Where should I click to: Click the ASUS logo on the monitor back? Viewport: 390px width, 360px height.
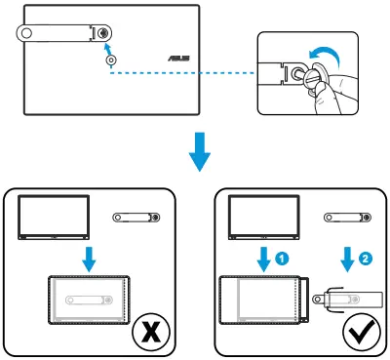click(178, 59)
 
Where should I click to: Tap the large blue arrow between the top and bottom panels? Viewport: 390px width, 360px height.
click(200, 151)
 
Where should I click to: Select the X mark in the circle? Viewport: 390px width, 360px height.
click(151, 332)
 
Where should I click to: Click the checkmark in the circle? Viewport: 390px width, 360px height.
click(362, 333)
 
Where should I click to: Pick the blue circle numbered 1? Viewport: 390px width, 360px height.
click(282, 259)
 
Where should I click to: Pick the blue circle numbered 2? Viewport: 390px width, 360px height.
click(366, 259)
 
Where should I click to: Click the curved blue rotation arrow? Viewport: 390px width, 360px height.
click(325, 57)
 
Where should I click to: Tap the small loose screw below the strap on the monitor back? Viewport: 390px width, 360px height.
click(111, 60)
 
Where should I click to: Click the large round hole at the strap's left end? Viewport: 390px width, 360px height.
click(26, 33)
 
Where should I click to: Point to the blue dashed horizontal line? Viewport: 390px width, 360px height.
click(182, 73)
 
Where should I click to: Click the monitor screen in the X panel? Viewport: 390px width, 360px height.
click(54, 218)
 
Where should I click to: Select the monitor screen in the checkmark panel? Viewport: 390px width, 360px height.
click(264, 218)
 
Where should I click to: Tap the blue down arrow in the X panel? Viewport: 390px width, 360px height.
click(89, 259)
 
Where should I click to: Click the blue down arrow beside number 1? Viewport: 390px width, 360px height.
click(264, 260)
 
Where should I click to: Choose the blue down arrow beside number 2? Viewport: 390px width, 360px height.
click(347, 260)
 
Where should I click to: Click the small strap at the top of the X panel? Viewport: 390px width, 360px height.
click(136, 218)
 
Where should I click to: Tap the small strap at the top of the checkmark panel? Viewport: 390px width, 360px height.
click(348, 218)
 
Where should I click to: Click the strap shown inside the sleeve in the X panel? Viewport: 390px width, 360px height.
click(89, 300)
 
